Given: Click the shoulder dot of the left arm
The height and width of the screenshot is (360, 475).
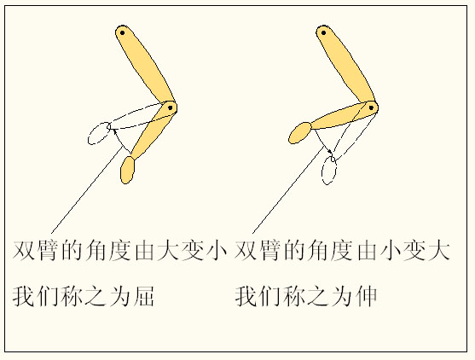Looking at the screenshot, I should tap(123, 33).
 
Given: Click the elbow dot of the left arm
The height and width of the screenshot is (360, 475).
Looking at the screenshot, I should tap(171, 107).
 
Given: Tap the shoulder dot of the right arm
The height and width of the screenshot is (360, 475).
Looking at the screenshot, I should tap(324, 33).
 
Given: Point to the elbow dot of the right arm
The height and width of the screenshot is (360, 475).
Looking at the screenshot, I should tap(372, 107).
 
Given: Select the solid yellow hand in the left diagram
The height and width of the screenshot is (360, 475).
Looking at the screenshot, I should tap(128, 170).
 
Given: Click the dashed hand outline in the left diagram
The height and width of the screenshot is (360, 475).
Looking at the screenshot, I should tap(99, 133).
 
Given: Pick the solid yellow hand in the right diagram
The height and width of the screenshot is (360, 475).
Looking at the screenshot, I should tap(301, 131).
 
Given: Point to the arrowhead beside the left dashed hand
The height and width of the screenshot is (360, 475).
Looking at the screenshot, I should tap(113, 130).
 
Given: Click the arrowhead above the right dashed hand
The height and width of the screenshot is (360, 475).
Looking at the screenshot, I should tap(332, 154).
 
